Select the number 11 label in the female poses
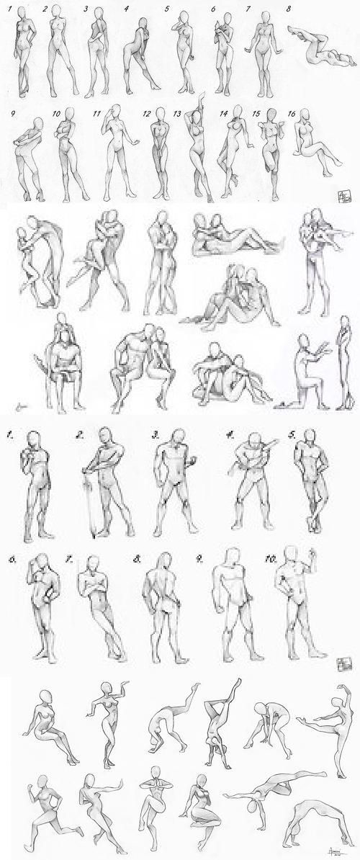pos(96,113)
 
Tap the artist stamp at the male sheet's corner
pos(343,660)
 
